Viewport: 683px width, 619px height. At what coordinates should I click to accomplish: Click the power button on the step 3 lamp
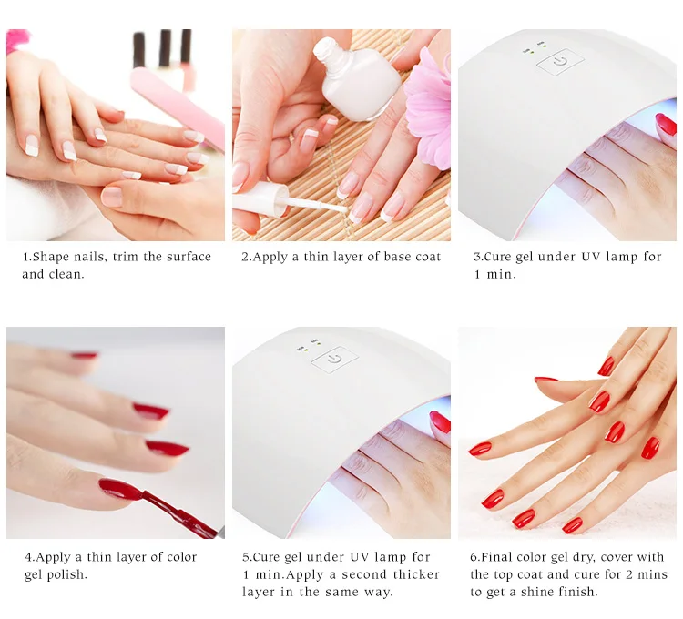(560, 61)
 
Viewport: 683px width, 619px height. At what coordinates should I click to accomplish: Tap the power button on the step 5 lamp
(334, 360)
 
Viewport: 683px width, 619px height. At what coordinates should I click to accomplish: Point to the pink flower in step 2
(428, 109)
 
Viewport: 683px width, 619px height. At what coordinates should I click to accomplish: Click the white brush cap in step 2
(260, 199)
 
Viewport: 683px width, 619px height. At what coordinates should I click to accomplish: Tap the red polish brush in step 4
(178, 512)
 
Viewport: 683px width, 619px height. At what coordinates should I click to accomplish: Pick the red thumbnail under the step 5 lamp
(440, 422)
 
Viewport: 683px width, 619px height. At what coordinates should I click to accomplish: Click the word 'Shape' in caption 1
(51, 257)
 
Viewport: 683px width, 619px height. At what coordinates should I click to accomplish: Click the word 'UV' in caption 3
(591, 257)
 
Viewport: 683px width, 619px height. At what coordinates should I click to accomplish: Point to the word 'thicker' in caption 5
(416, 574)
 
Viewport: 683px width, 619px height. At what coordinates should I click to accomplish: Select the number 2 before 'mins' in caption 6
(629, 574)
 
